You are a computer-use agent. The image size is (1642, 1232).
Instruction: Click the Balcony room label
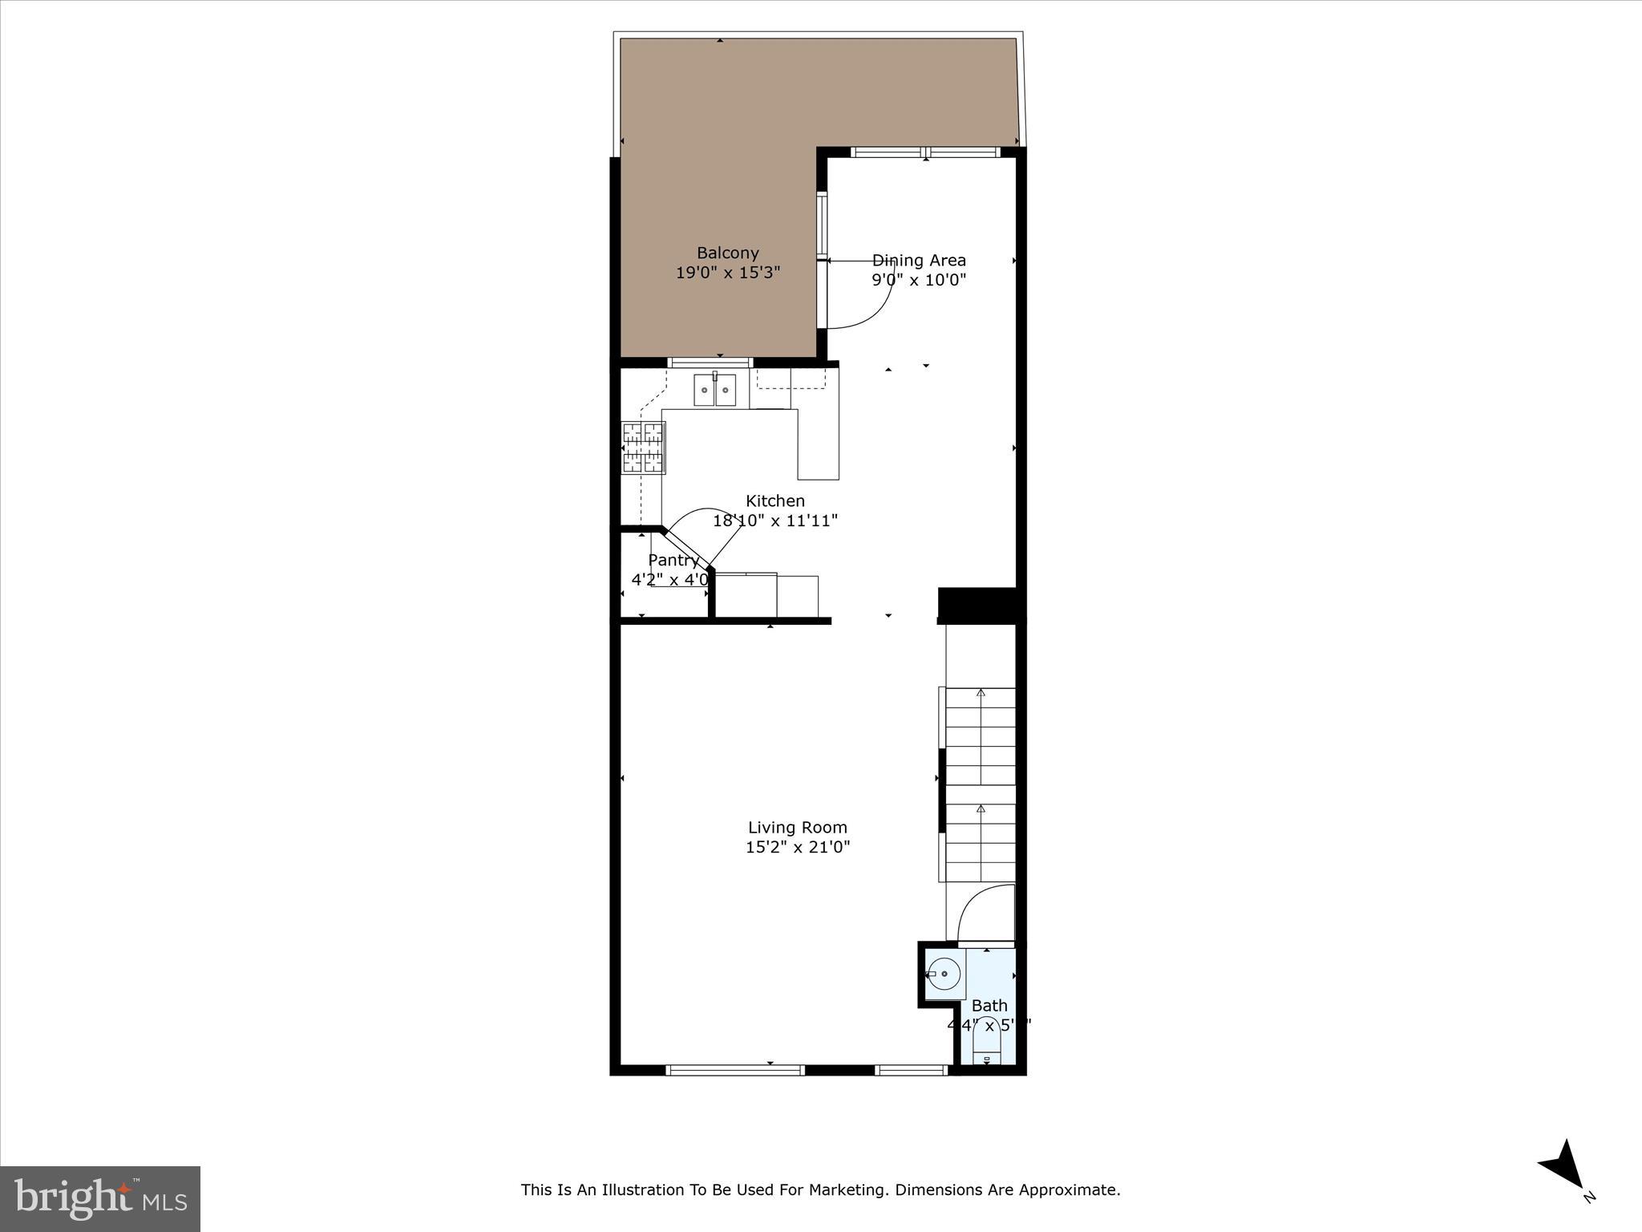pyautogui.click(x=727, y=253)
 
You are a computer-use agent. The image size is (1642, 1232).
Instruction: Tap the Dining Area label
pyautogui.click(x=919, y=260)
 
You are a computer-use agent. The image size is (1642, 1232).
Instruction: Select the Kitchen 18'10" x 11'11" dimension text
pyautogui.click(x=774, y=520)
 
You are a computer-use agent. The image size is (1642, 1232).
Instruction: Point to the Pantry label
pyautogui.click(x=673, y=560)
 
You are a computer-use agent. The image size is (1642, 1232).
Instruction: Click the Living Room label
pyautogui.click(x=797, y=827)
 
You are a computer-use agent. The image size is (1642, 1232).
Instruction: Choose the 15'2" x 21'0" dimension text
pyautogui.click(x=797, y=847)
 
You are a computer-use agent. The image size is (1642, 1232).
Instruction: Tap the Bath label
pyautogui.click(x=989, y=1005)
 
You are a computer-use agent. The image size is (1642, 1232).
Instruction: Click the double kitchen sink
pyautogui.click(x=714, y=391)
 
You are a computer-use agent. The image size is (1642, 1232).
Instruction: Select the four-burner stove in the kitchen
pyautogui.click(x=643, y=448)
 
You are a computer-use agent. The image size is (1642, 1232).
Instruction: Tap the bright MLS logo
pyautogui.click(x=100, y=1198)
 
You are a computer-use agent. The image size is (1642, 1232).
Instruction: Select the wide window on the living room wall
pyautogui.click(x=734, y=1069)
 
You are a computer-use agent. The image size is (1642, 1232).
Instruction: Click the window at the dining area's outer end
pyautogui.click(x=925, y=152)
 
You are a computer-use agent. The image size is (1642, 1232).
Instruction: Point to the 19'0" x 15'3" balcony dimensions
pyautogui.click(x=727, y=273)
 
